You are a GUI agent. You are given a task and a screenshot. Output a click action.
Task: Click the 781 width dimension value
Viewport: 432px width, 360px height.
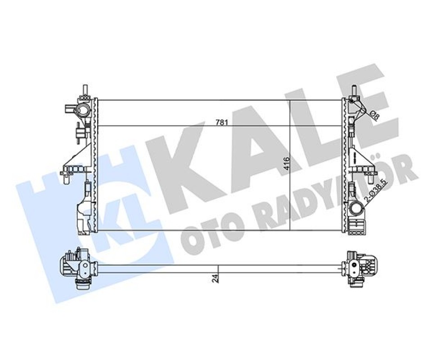point(221,122)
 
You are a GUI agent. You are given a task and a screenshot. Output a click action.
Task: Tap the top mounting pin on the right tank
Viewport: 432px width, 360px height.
point(354,90)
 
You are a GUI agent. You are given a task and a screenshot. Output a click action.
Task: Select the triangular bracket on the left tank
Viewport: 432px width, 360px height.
point(80,156)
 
